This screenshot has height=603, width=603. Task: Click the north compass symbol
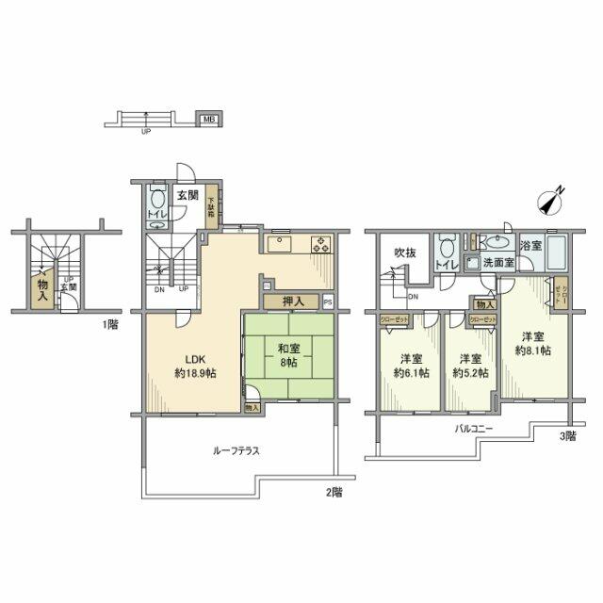(x=551, y=202)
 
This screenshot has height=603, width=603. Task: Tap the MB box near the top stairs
(x=206, y=120)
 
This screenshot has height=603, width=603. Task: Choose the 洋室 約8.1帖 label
(x=533, y=343)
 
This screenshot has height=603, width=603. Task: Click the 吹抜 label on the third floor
(x=404, y=253)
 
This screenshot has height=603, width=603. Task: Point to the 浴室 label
(x=532, y=245)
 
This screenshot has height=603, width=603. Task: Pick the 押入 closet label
(x=292, y=301)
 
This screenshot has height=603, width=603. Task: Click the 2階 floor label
(x=334, y=492)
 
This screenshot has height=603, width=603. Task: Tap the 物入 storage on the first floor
(x=42, y=283)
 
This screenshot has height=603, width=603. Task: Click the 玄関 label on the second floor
(x=187, y=196)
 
